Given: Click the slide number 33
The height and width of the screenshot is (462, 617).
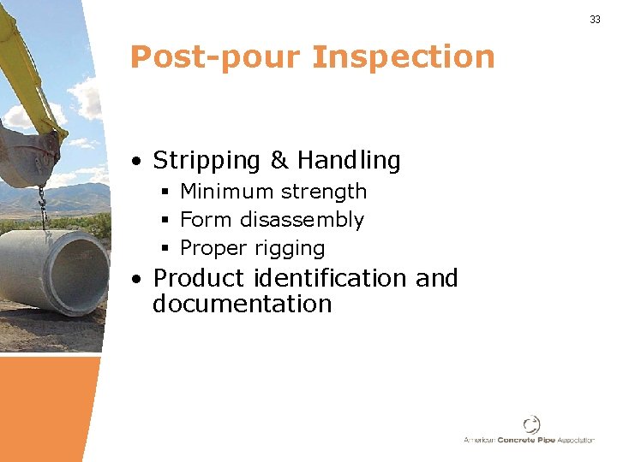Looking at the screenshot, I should [x=595, y=20].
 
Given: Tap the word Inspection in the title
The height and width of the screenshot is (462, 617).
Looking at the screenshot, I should [x=404, y=57].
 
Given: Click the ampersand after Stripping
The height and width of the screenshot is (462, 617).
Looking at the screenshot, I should [x=279, y=160].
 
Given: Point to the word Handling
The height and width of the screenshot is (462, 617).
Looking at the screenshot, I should [x=349, y=161].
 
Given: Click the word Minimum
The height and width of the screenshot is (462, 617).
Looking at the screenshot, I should [x=224, y=192].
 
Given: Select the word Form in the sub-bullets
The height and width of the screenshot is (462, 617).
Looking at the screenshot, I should [x=207, y=220].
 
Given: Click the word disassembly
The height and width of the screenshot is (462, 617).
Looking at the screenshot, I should [x=302, y=220].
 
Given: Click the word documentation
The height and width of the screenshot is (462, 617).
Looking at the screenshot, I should [x=242, y=304].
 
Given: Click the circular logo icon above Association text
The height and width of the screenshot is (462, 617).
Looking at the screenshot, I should [x=531, y=424].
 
